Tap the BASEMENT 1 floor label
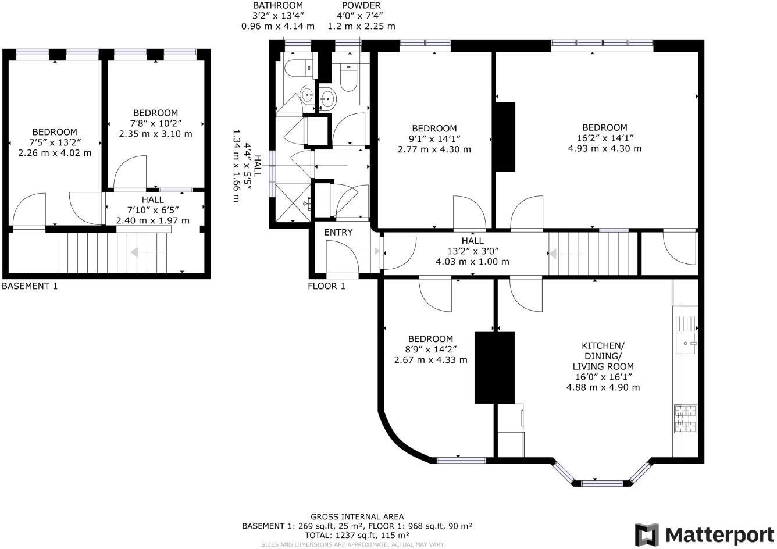30,286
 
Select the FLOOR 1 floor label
326,286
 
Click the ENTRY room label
338,233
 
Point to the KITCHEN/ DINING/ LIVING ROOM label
603,356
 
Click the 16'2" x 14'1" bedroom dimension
605,138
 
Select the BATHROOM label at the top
278,5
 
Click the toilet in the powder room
348,78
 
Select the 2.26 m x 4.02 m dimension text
55,153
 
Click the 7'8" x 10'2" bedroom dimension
155,123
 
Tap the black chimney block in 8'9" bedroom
495,368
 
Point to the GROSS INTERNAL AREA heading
357,516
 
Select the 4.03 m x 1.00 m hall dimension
472,262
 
